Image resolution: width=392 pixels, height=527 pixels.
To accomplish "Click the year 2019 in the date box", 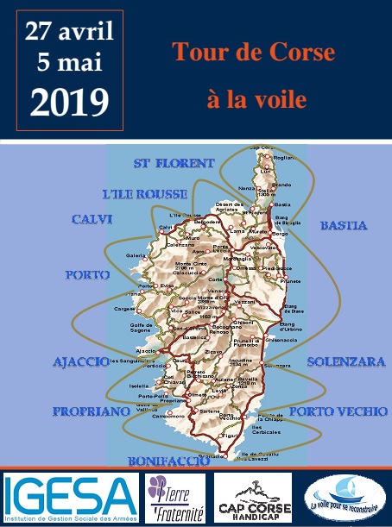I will (x=69, y=101).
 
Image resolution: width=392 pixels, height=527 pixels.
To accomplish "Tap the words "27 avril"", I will (x=69, y=33).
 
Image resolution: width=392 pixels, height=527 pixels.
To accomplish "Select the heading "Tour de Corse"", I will (x=253, y=53).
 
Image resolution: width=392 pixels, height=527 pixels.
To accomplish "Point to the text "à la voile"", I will (x=256, y=100).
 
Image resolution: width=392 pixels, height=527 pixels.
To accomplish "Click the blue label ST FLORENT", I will (x=174, y=163).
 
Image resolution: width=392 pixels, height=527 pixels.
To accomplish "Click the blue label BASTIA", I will (x=344, y=226).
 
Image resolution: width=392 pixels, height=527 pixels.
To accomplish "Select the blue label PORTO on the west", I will (x=86, y=275).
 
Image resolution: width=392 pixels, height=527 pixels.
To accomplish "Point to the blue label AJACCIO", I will (x=80, y=361).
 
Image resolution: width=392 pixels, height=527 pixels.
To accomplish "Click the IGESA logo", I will (x=69, y=498).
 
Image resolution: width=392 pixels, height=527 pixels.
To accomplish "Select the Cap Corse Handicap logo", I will (x=253, y=498).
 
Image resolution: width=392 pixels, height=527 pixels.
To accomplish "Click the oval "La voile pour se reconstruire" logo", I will (x=341, y=498).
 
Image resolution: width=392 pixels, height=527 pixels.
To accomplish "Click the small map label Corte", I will (x=217, y=279).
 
